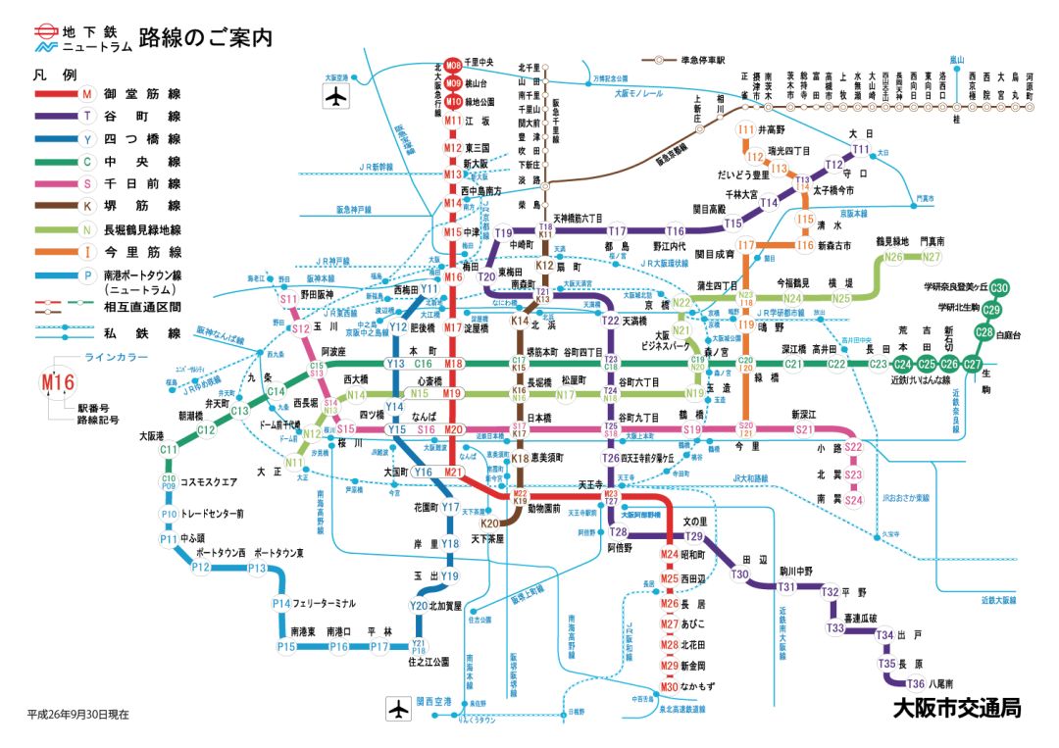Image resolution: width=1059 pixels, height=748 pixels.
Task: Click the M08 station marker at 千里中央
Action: click(x=453, y=64)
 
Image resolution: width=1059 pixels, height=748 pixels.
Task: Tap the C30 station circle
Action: click(x=999, y=288)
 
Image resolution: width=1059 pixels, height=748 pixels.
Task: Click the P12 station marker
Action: click(x=201, y=568)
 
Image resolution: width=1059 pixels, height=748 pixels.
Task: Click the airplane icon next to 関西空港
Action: click(x=398, y=707)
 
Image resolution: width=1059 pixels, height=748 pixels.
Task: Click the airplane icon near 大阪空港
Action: click(x=335, y=97)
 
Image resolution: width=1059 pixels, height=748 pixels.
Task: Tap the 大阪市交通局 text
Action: click(x=956, y=708)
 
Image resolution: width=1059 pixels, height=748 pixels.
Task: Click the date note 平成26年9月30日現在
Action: click(x=77, y=715)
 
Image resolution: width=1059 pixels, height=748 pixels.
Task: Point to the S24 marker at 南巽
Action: click(x=853, y=500)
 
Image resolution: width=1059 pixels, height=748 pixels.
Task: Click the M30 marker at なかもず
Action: click(x=670, y=685)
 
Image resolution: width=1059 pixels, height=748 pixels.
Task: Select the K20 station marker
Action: click(x=489, y=524)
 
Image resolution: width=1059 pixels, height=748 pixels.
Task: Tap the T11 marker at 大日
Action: click(x=861, y=150)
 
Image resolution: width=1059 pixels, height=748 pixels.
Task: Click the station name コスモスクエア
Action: click(x=210, y=482)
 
